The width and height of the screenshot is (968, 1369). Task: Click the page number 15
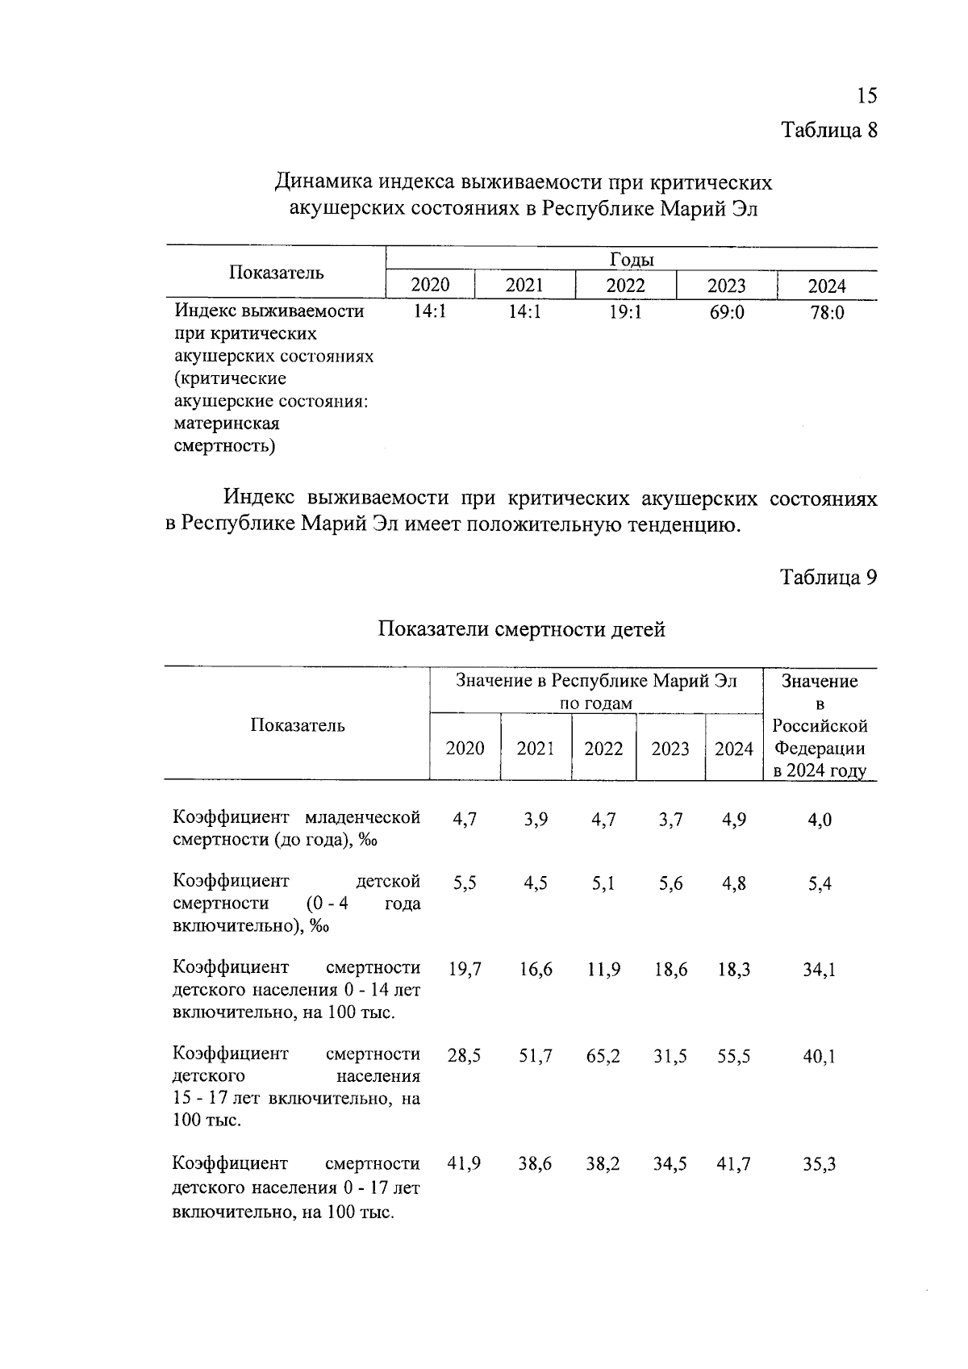tap(866, 96)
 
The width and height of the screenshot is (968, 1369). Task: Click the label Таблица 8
tap(828, 130)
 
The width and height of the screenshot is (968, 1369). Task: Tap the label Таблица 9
tap(828, 578)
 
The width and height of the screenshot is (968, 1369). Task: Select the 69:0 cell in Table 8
tap(727, 312)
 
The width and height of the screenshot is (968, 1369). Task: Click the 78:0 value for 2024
tap(827, 312)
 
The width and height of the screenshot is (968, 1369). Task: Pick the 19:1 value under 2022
tap(625, 312)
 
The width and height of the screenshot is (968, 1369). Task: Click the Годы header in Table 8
tap(632, 260)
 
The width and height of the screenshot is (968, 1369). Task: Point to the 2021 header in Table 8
tap(524, 286)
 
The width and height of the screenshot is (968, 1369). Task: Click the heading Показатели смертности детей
tap(522, 629)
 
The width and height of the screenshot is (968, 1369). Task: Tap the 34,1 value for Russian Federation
tap(819, 970)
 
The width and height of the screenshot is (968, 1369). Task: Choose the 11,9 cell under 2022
tap(603, 970)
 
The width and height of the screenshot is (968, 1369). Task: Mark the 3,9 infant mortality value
tap(536, 820)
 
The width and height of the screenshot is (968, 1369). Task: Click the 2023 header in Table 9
tap(670, 749)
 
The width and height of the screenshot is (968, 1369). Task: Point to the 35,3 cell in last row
tap(819, 1164)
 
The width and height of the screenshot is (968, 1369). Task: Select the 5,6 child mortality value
tap(670, 884)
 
